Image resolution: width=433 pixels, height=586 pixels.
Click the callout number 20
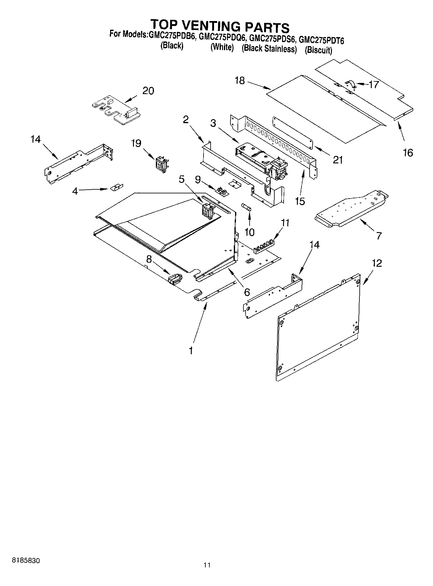click(x=148, y=91)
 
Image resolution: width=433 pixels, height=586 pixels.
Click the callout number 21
click(x=338, y=160)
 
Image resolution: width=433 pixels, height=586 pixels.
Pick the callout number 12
click(x=377, y=263)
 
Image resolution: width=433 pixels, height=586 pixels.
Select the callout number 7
click(x=379, y=235)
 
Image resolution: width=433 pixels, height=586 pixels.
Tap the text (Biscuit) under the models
click(x=318, y=50)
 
